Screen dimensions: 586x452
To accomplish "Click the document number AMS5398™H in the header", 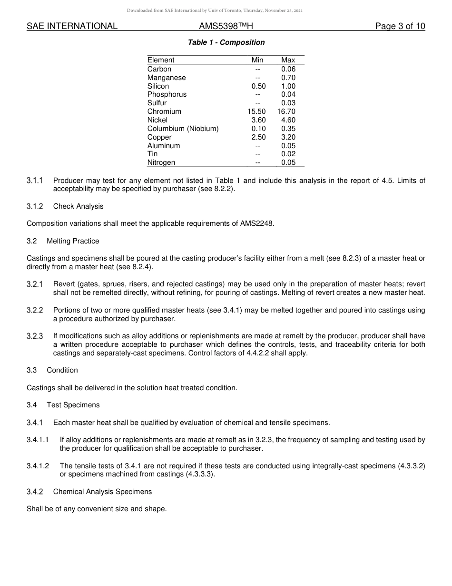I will [x=226, y=26].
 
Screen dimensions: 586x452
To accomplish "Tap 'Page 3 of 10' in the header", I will [x=400, y=26].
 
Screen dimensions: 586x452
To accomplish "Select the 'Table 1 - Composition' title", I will [x=226, y=42].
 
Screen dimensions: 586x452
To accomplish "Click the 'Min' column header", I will [x=257, y=60].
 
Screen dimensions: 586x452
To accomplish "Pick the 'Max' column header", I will [x=288, y=60].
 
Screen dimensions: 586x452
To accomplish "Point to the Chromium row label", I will [x=164, y=111].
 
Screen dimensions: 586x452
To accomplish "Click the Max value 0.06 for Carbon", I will [x=288, y=69].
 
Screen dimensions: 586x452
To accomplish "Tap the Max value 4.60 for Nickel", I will [x=288, y=120].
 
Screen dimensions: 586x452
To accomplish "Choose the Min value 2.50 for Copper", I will [x=258, y=137].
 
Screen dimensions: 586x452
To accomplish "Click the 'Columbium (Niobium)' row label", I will [x=183, y=129].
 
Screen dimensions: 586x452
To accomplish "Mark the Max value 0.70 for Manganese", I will [x=288, y=78].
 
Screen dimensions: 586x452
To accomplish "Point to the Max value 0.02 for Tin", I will [x=288, y=154].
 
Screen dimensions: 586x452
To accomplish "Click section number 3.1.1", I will [x=35, y=181].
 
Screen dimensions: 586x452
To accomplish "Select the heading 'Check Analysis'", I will [x=78, y=206].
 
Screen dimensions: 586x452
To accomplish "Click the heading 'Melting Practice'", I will [x=73, y=241].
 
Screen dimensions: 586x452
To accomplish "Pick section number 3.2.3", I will [x=35, y=336].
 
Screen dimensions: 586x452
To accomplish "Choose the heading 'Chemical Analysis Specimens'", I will [x=102, y=491].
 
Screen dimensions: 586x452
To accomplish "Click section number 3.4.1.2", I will [x=38, y=466].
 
